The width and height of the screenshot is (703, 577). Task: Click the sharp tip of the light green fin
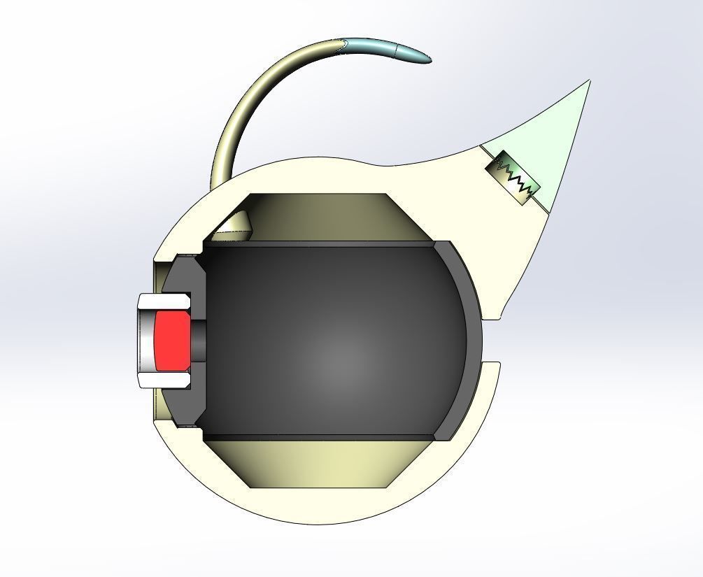588,83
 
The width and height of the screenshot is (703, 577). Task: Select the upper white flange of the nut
164,302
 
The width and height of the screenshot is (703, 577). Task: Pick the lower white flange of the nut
164,380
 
